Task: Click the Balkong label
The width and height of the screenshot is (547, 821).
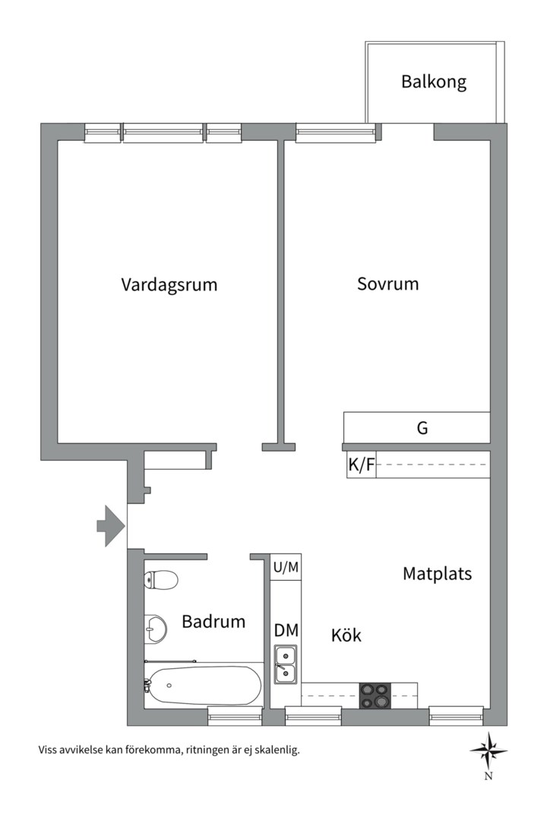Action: pyautogui.click(x=434, y=82)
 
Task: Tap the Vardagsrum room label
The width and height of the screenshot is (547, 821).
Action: pyautogui.click(x=169, y=285)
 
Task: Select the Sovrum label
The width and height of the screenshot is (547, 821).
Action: pyautogui.click(x=387, y=284)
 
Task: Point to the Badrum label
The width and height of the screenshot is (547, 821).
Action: pyautogui.click(x=213, y=622)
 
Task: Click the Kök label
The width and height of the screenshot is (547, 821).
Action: pyautogui.click(x=346, y=636)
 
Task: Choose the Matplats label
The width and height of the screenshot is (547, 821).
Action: pyautogui.click(x=437, y=574)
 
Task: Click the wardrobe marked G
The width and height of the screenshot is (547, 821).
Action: pyautogui.click(x=422, y=428)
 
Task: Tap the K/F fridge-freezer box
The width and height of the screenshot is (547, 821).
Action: pyautogui.click(x=361, y=465)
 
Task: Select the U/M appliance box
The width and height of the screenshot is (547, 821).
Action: pyautogui.click(x=286, y=567)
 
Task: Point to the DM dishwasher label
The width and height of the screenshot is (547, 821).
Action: pyautogui.click(x=286, y=630)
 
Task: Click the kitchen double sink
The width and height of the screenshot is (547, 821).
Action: pyautogui.click(x=286, y=664)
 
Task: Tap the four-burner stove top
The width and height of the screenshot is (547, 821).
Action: pyautogui.click(x=374, y=695)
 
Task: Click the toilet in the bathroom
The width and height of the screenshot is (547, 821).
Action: pyautogui.click(x=161, y=580)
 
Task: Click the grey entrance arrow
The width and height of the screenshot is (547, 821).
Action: pyautogui.click(x=109, y=525)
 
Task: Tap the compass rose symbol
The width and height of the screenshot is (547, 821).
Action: pyautogui.click(x=489, y=750)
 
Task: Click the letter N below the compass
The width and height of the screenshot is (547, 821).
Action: pyautogui.click(x=489, y=776)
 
